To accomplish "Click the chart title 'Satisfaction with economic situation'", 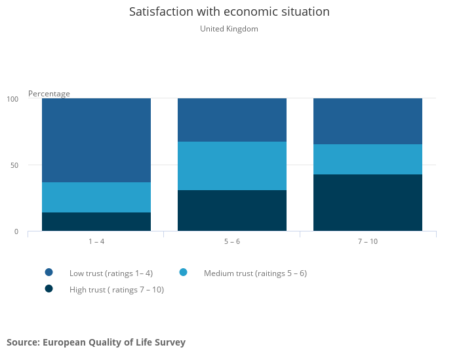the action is pos(229,12).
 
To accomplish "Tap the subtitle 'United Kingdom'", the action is pos(229,29).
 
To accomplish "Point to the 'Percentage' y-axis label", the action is pos(49,94).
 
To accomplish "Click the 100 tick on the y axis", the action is pos(12,99).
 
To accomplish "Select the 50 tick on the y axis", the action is pos(14,165).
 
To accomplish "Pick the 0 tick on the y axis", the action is pos(16,231).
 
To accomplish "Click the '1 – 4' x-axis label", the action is pos(96,241).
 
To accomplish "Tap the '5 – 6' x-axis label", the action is pos(232,241).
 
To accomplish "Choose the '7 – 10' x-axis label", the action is pos(368,241).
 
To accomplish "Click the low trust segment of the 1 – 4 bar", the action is pos(96,140).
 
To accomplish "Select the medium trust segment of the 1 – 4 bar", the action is pos(96,197).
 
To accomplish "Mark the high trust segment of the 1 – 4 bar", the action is pos(96,222).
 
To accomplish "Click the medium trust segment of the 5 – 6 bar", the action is pos(232,166).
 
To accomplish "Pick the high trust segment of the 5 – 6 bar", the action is pos(232,210).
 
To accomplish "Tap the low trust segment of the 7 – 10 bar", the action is pos(368,121).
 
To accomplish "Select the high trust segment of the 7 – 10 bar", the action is pos(368,203).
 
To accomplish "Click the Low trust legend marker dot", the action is pos(49,273).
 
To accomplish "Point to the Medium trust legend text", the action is pos(255,273).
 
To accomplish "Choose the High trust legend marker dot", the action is pos(49,289).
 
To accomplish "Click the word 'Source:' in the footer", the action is pos(24,342).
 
